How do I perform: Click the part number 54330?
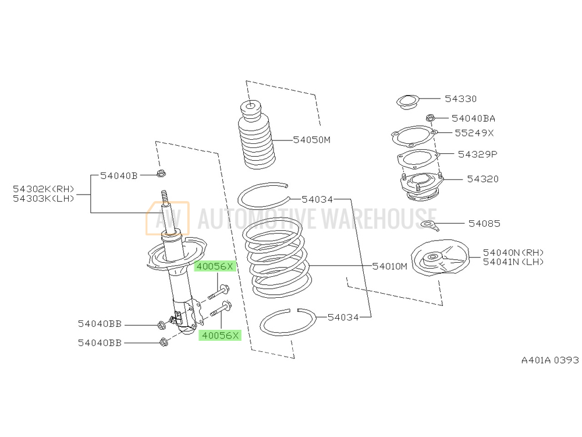point(460,99)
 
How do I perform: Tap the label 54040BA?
point(473,118)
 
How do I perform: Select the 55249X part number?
point(474,133)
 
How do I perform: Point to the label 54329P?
point(477,154)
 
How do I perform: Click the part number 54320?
point(482,179)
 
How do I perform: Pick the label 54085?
point(484,223)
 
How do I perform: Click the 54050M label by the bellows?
point(311,140)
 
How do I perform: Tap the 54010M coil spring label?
point(390,266)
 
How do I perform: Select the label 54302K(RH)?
point(44,189)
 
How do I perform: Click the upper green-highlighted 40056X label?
point(214,267)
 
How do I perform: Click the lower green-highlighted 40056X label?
point(219,335)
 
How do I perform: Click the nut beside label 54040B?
point(162,174)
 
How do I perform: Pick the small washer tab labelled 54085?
point(428,224)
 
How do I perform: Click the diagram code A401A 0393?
point(549,360)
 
